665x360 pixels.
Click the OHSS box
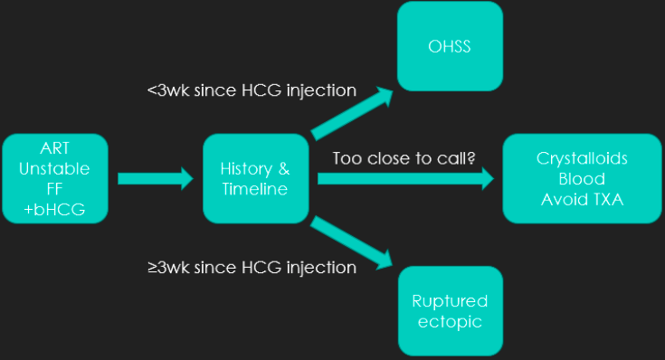pyautogui.click(x=450, y=46)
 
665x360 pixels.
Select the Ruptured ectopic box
pyautogui.click(x=450, y=311)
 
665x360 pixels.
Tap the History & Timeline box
pyautogui.click(x=256, y=179)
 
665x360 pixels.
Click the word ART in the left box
pyautogui.click(x=55, y=149)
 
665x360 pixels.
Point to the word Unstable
pyautogui.click(x=55, y=169)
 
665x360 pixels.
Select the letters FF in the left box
pyautogui.click(x=55, y=189)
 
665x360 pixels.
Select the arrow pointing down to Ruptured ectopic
pyautogui.click(x=354, y=242)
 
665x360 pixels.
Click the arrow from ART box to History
pyautogui.click(x=156, y=179)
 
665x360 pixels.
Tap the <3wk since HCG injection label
pyautogui.click(x=252, y=91)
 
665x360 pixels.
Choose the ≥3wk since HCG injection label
pyautogui.click(x=252, y=268)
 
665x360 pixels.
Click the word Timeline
pyautogui.click(x=256, y=189)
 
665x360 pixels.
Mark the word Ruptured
pyautogui.click(x=450, y=301)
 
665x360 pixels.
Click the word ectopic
pyautogui.click(x=450, y=322)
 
